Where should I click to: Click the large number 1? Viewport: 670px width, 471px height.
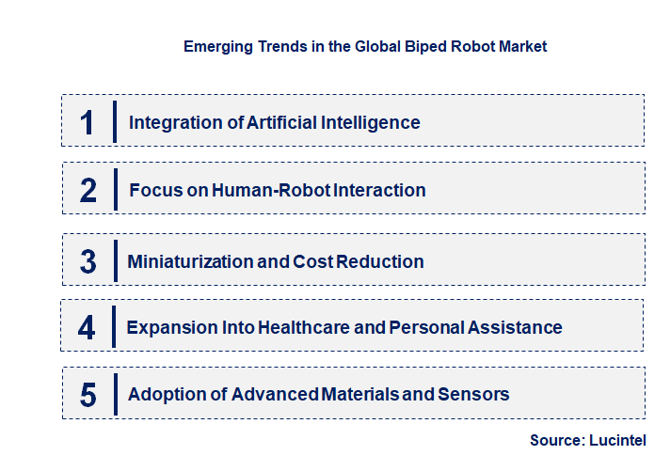pyautogui.click(x=88, y=122)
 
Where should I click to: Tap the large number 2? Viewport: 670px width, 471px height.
pyautogui.click(x=88, y=190)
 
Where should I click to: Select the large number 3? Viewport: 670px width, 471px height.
pyautogui.click(x=88, y=261)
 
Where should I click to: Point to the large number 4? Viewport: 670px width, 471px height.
pyautogui.click(x=88, y=328)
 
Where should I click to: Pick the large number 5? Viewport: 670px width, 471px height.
pyautogui.click(x=88, y=395)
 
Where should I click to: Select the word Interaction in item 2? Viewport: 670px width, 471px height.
pyautogui.click(x=379, y=190)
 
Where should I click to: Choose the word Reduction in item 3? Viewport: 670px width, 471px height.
pyautogui.click(x=378, y=261)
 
